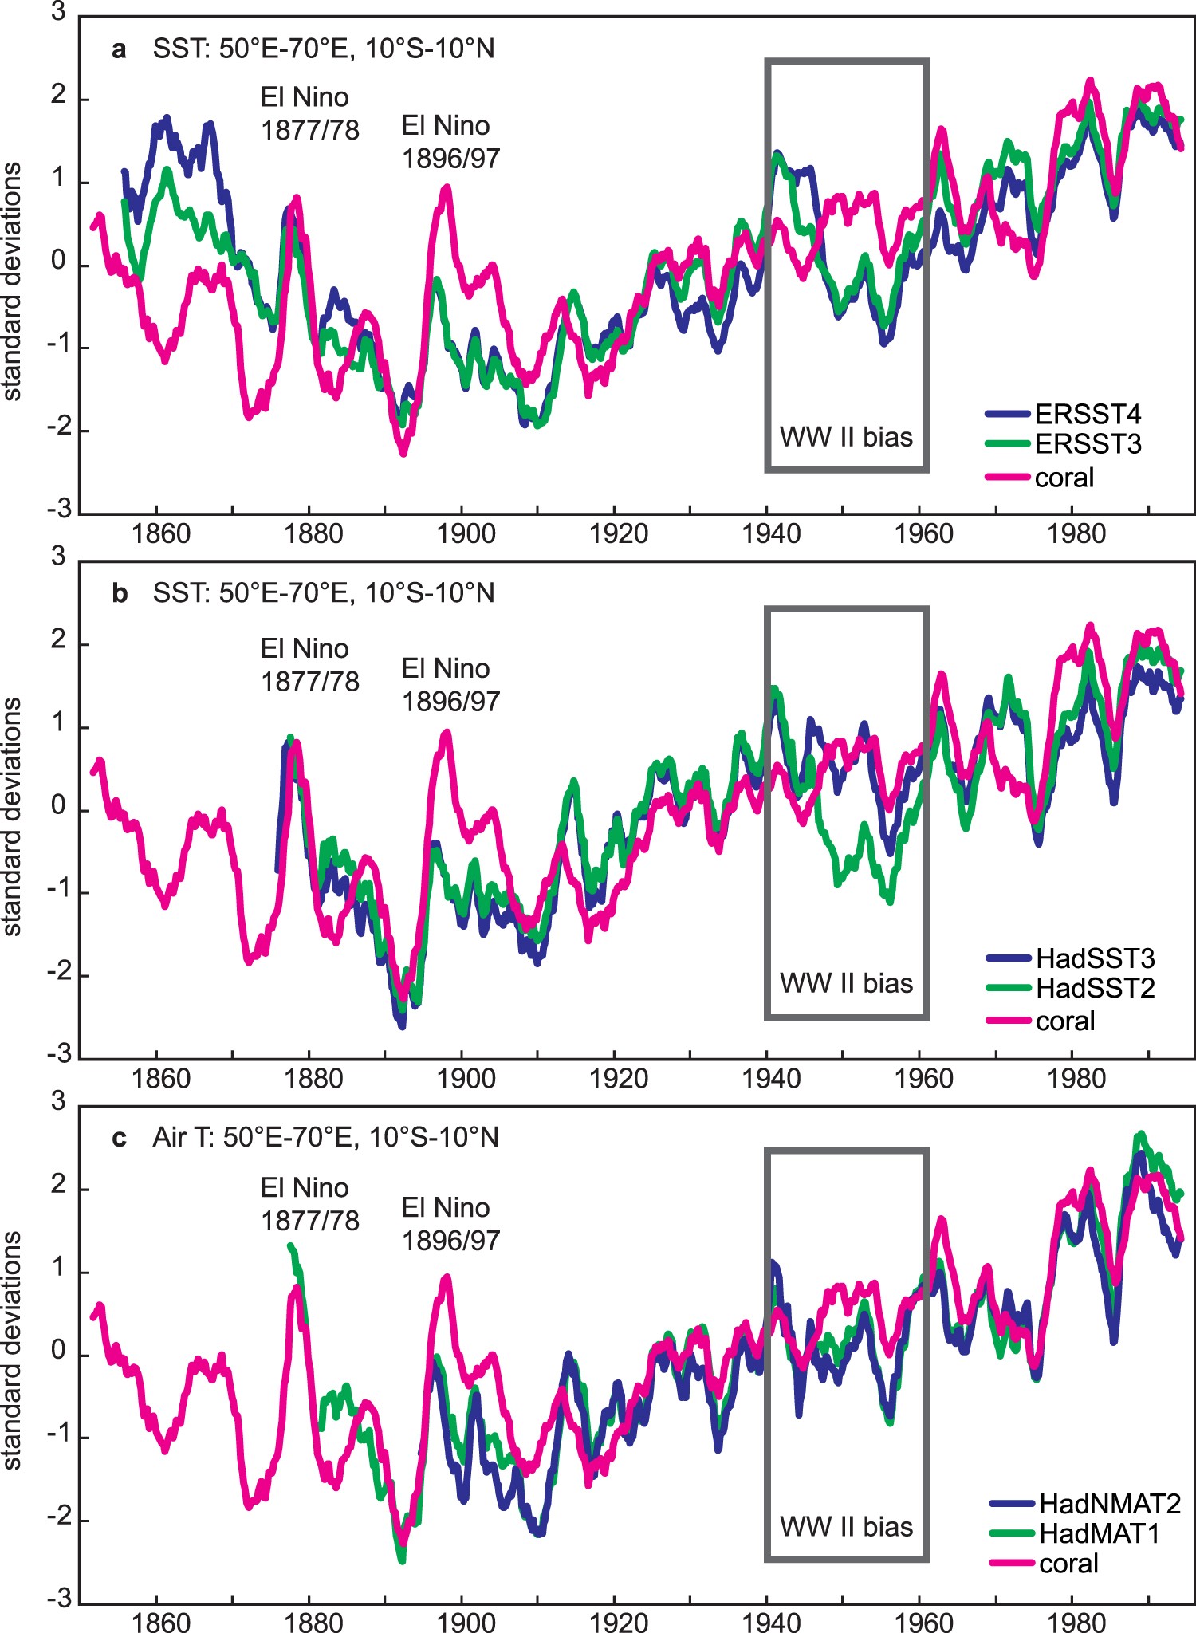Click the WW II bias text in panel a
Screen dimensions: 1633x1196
point(846,437)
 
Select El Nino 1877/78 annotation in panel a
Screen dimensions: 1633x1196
point(309,113)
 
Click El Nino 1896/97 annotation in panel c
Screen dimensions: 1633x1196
point(450,1223)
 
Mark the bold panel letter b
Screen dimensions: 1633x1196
point(120,594)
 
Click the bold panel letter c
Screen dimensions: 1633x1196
point(120,1138)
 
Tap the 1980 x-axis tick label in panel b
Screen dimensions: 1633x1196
point(1076,1079)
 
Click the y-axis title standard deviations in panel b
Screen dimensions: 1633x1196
point(13,816)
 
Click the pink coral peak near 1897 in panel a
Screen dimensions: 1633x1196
point(447,189)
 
